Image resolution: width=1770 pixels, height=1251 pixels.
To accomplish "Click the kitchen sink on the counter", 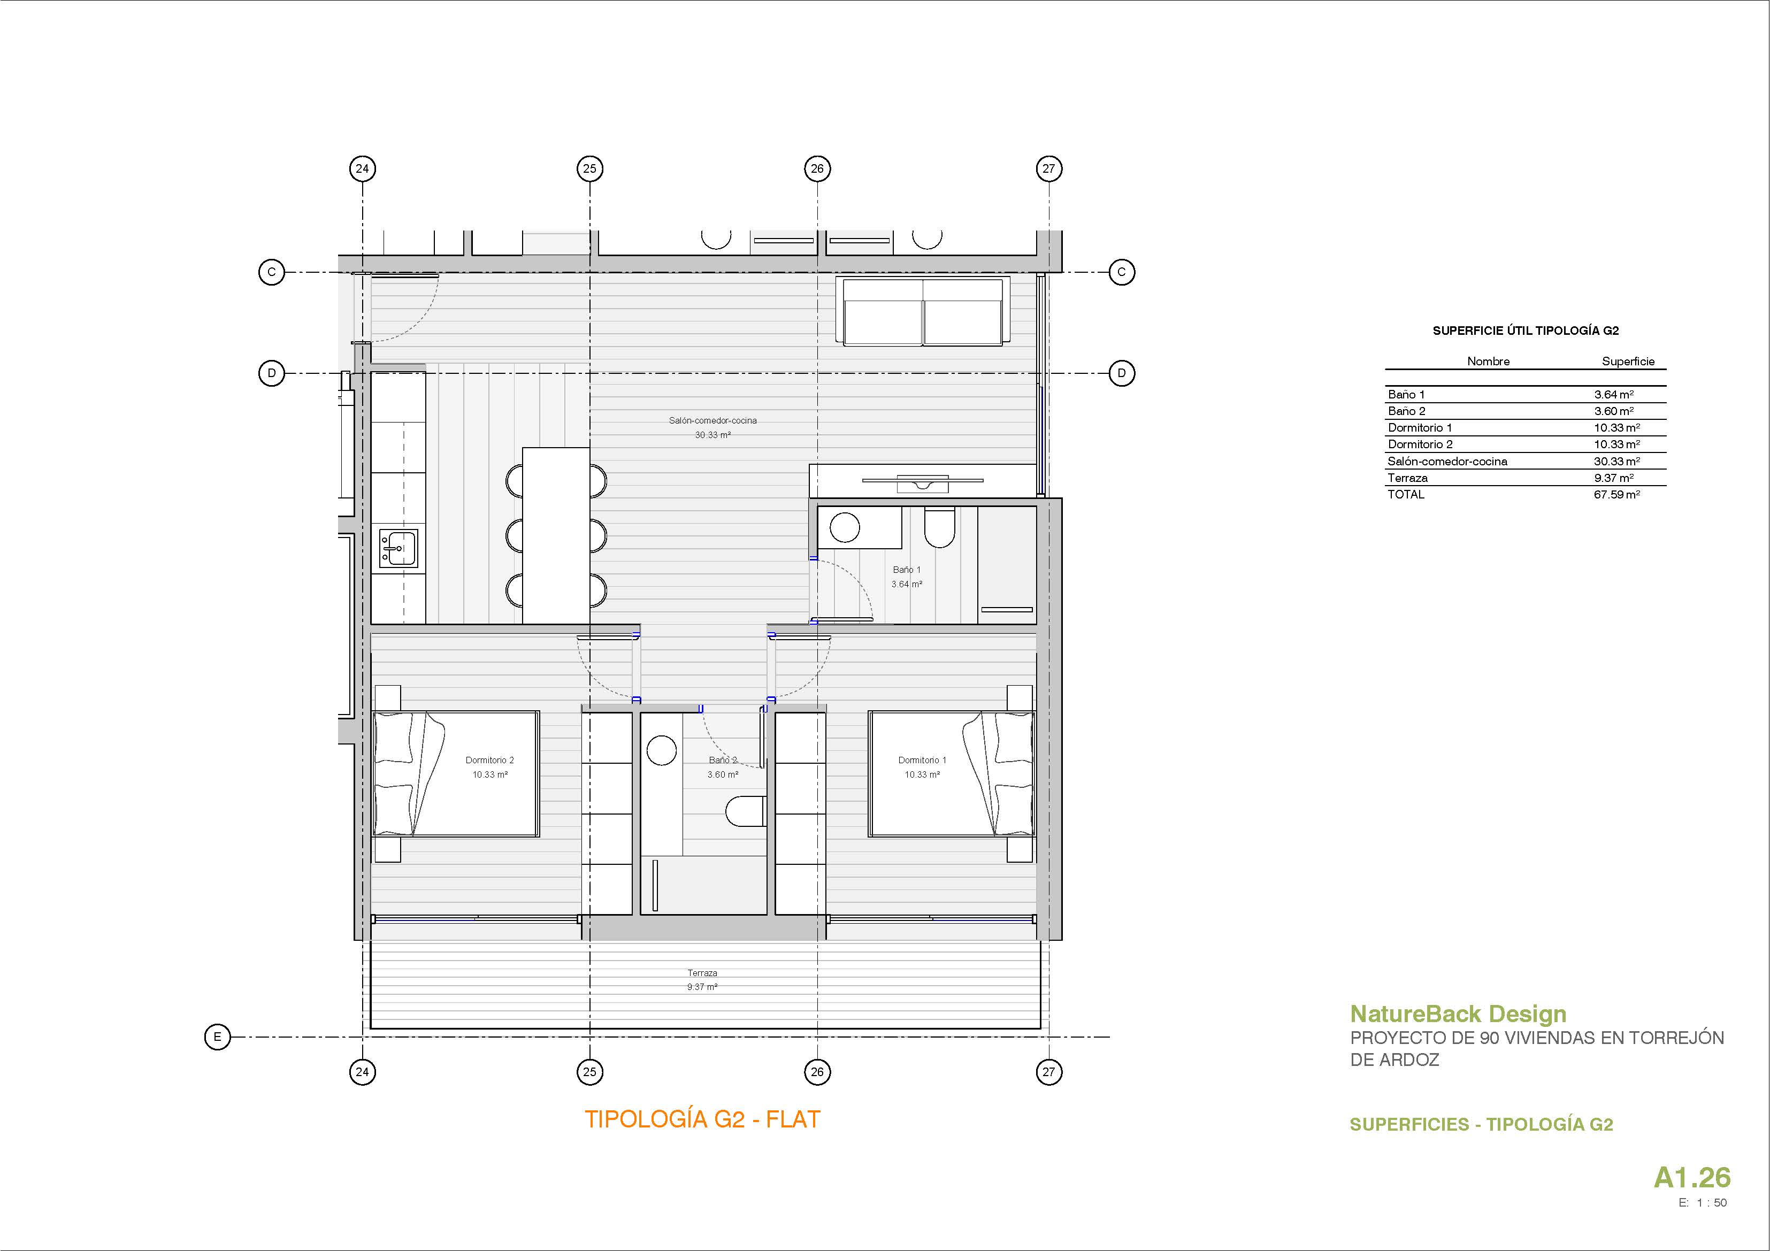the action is click(x=399, y=548).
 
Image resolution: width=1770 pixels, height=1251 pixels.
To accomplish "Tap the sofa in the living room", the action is click(x=923, y=311).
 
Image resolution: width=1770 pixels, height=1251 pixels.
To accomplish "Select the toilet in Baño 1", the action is click(x=940, y=527).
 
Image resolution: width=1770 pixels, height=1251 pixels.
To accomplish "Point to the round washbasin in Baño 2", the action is click(x=662, y=750).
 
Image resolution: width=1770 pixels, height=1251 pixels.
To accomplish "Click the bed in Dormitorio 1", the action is click(x=951, y=774).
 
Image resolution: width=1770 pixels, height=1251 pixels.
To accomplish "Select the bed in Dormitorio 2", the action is click(x=456, y=774).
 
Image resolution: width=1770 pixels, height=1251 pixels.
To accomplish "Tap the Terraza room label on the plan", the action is click(x=702, y=973).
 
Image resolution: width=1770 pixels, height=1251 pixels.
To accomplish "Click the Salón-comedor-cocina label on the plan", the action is click(x=713, y=421).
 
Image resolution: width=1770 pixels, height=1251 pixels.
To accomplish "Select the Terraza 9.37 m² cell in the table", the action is click(x=1613, y=478).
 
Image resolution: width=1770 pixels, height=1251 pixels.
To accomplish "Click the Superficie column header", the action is click(x=1628, y=362).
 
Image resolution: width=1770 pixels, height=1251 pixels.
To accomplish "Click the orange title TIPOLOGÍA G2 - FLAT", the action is click(x=702, y=1119).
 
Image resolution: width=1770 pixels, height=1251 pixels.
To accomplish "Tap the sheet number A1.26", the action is click(x=1692, y=1177).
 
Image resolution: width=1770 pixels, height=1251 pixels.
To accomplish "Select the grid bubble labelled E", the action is click(x=217, y=1037).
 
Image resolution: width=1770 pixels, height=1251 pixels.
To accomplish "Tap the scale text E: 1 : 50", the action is click(x=1703, y=1202).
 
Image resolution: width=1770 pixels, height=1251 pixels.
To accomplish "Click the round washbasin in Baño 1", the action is click(x=844, y=528).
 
